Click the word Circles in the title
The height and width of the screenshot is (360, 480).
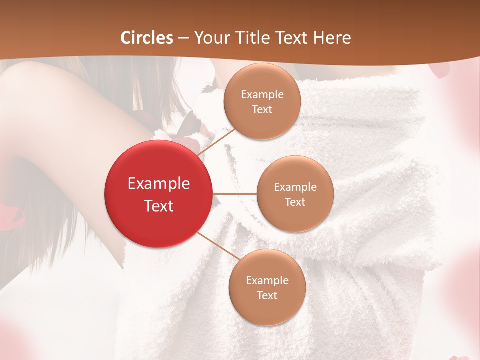click(x=147, y=38)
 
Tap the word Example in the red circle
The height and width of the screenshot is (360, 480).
click(x=159, y=184)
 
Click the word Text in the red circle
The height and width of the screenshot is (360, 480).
click(x=159, y=206)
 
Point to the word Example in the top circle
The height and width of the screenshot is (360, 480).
click(x=262, y=95)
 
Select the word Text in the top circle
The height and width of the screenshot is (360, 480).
click(x=262, y=110)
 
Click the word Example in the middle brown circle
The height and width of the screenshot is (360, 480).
click(x=295, y=187)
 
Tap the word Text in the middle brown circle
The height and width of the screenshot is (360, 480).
click(x=295, y=202)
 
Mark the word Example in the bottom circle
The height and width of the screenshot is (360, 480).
click(x=267, y=281)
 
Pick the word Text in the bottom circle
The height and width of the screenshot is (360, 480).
click(x=267, y=296)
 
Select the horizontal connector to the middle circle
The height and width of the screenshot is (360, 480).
click(x=235, y=194)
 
